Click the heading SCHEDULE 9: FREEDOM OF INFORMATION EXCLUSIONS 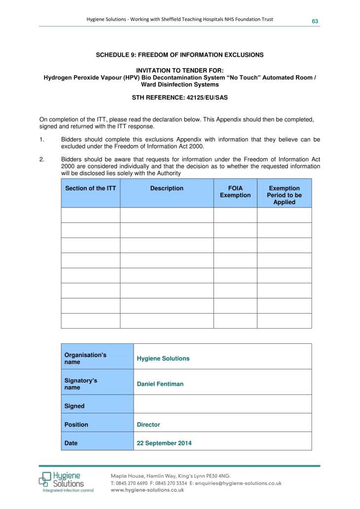tap(180, 55)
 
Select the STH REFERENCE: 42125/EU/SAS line tap(180, 98)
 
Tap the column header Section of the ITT tap(91, 188)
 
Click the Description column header tap(167, 188)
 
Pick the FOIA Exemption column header tap(235, 192)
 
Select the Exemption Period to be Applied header tap(284, 195)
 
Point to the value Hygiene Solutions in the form tap(163, 359)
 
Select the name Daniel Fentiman tap(160, 384)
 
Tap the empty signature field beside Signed tap(222, 404)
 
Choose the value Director tap(148, 425)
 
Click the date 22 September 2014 tap(164, 443)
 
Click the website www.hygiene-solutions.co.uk tap(147, 490)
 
